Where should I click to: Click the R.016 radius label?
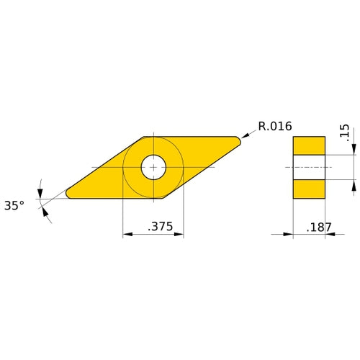pos(275,127)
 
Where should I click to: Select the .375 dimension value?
pos(161,226)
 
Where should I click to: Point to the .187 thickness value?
pos(319,228)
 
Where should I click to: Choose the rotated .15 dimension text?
pos(343,132)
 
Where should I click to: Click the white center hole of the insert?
pos(153,167)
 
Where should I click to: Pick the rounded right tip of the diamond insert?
pos(238,140)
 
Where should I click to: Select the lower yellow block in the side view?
pos(308,188)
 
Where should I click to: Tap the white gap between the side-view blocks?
pos(308,167)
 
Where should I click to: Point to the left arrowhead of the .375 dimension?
pos(127,234)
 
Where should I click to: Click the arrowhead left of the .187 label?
pos(289,234)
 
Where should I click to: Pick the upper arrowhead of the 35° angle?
pos(40,193)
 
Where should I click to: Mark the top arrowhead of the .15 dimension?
pos(354,151)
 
